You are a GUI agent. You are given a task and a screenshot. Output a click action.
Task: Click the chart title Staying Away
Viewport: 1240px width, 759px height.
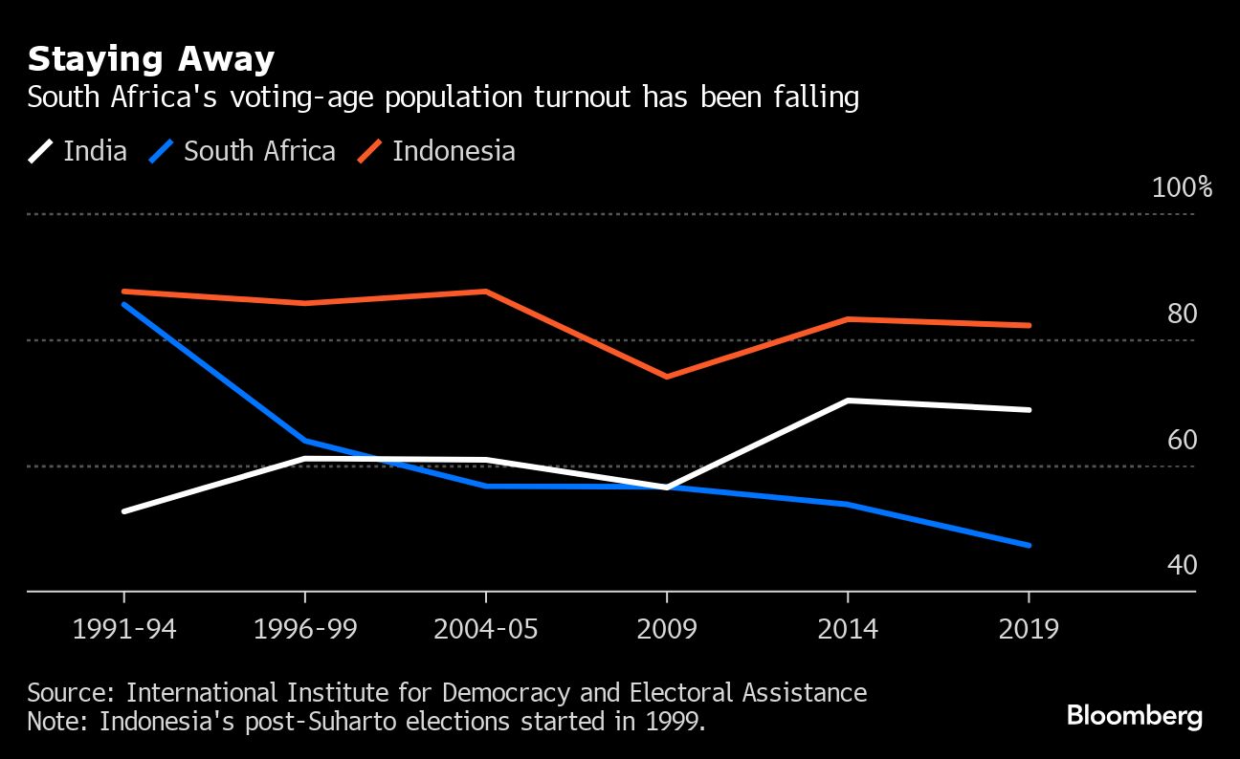click(150, 60)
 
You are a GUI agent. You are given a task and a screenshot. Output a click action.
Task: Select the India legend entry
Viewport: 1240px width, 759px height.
click(78, 151)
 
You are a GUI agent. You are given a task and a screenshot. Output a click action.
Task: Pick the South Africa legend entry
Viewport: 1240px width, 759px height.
click(242, 151)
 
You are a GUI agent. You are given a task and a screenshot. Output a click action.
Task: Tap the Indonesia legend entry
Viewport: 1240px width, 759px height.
click(436, 151)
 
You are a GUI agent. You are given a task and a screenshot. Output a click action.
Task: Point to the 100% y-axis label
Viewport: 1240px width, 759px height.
click(1182, 187)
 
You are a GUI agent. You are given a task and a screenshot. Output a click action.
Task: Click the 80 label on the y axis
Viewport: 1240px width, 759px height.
click(1182, 314)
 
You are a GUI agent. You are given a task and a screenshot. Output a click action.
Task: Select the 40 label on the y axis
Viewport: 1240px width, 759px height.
click(1182, 566)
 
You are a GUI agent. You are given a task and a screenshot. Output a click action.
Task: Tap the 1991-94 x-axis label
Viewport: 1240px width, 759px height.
click(124, 630)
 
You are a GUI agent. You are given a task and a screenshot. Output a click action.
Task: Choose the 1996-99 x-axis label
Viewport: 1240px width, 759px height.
click(304, 630)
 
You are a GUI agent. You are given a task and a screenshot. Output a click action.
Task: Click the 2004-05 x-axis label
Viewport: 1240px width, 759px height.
click(486, 630)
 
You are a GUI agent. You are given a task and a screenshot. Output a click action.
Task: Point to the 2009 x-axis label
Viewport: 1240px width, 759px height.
click(667, 630)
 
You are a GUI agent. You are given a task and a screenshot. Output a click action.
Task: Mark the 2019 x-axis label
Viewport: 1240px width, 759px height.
click(1029, 630)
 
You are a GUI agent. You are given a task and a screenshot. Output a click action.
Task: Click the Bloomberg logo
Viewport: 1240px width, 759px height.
click(1134, 716)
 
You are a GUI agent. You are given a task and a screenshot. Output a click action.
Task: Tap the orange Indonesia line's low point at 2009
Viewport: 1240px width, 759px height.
click(667, 377)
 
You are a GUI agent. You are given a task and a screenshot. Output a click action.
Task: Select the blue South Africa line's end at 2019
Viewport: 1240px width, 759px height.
click(1029, 545)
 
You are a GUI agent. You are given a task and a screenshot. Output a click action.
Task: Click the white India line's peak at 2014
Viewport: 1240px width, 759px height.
click(848, 401)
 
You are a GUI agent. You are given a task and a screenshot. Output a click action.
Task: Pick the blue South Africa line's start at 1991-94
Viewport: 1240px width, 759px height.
click(124, 304)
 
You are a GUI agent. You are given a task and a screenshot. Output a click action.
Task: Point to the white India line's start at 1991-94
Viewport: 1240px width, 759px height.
click(124, 511)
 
